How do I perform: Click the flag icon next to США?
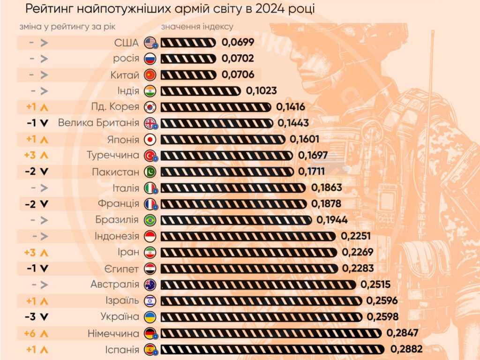point(150,43)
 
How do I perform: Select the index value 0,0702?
point(238,59)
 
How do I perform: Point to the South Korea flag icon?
point(150,107)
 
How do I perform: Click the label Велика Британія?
point(98,123)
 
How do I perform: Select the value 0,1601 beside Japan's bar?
point(304,139)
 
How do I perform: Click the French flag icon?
point(150,204)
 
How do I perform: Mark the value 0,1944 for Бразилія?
point(332,220)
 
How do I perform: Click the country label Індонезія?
point(117,236)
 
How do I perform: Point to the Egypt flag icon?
point(150,268)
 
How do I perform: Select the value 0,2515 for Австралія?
point(375,285)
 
